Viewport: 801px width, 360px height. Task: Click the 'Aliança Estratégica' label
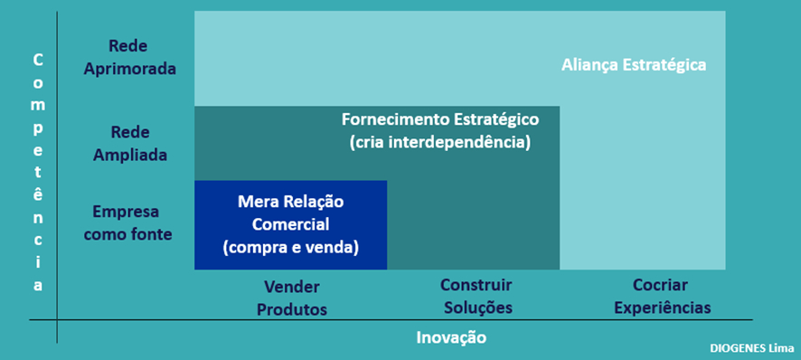point(633,65)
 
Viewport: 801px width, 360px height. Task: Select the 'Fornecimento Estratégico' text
point(439,119)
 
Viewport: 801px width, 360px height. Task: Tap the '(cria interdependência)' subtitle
point(439,143)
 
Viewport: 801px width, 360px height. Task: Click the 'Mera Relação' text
point(290,201)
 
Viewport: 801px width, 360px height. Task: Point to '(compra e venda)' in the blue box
point(290,245)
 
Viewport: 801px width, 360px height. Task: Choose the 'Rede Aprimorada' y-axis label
point(128,57)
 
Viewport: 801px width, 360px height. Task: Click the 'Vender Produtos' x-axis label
point(291,298)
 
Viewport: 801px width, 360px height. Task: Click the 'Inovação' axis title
point(451,337)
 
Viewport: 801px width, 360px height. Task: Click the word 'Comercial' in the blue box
point(290,223)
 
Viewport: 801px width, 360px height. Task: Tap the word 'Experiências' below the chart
point(662,308)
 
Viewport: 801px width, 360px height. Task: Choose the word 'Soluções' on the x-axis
point(477,308)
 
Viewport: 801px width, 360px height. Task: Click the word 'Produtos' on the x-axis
point(291,309)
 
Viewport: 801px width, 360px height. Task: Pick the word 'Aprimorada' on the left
point(128,69)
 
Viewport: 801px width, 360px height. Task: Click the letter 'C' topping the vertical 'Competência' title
point(38,61)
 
